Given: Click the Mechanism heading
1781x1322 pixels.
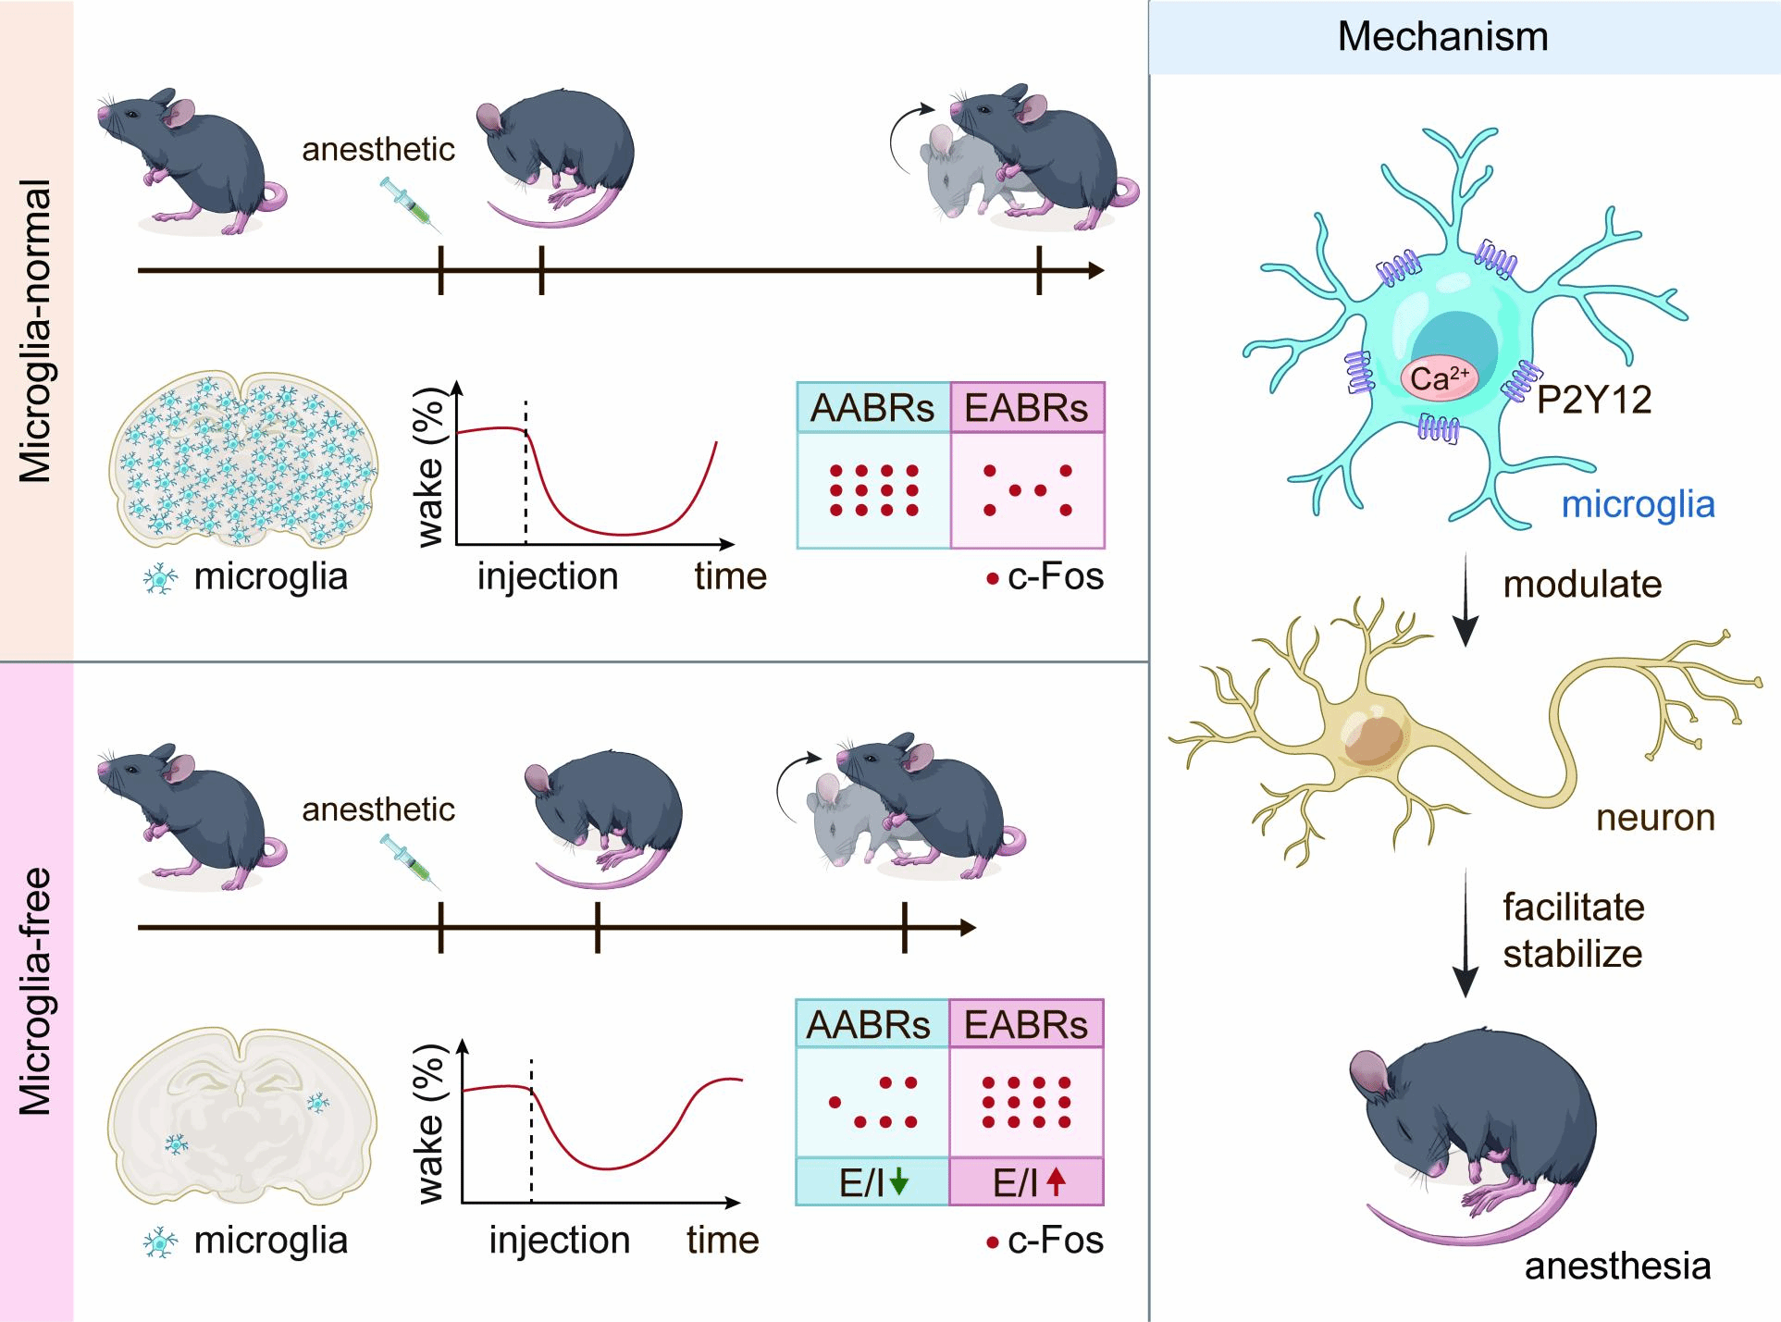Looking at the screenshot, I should (x=1442, y=37).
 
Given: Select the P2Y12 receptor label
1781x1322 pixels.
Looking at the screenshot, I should (x=1594, y=400).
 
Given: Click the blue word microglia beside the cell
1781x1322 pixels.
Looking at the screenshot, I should (x=1638, y=505).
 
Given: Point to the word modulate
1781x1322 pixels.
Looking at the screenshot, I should (x=1582, y=585).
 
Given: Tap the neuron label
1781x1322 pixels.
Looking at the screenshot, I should (x=1655, y=818).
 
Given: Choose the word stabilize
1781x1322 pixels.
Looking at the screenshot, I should (x=1572, y=954).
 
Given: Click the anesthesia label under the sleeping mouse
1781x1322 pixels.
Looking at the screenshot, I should (x=1617, y=1266).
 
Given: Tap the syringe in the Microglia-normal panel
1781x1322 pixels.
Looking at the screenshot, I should (x=408, y=204).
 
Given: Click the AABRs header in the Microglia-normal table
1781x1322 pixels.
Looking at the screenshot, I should (x=872, y=408).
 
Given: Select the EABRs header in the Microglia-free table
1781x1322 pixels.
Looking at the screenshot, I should (x=1026, y=1025).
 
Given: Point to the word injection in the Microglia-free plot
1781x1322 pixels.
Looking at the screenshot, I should (x=559, y=1241).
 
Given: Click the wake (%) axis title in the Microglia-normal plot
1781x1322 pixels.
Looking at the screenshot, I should (x=430, y=467).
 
